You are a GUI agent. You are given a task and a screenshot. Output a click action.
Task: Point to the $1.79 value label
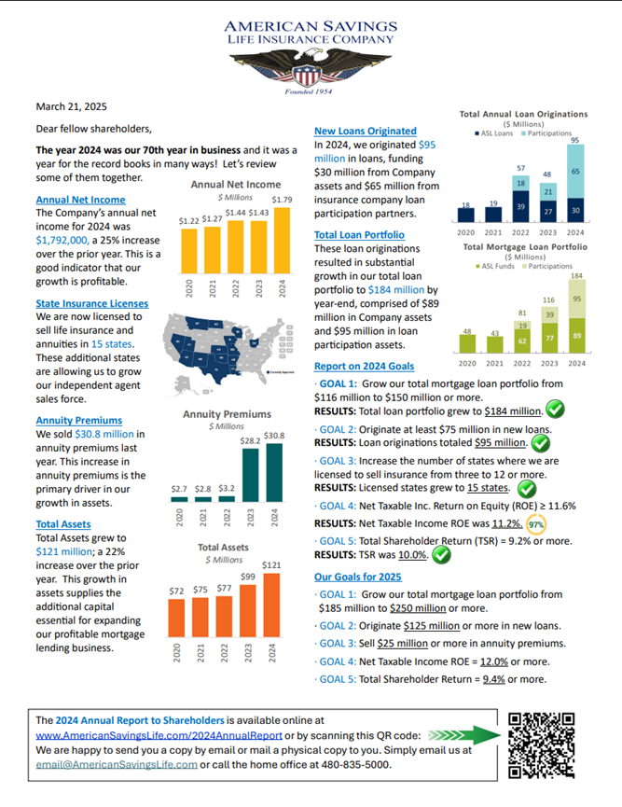click(x=281, y=199)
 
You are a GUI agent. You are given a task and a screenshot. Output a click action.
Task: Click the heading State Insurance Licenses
click(x=91, y=303)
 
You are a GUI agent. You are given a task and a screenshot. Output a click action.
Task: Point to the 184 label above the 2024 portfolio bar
click(x=576, y=277)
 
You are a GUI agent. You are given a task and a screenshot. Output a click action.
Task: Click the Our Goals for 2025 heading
click(x=358, y=577)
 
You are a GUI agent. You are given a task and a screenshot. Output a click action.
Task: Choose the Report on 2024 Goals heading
click(x=365, y=366)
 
